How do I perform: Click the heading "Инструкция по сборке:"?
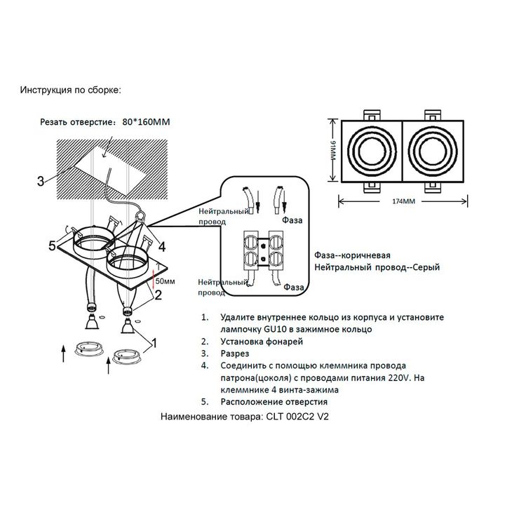70,90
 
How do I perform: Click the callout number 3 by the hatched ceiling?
41,181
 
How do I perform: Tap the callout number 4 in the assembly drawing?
162,246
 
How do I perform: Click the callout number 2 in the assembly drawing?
159,295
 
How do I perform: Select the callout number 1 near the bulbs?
154,342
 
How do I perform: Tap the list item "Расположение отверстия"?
274,402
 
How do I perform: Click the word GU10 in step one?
275,329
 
